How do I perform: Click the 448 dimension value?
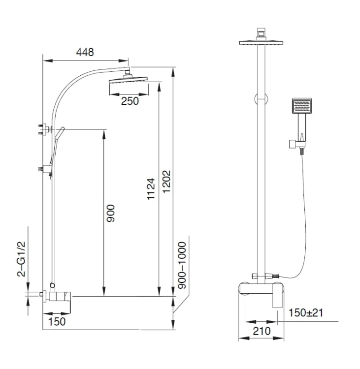pyautogui.click(x=85, y=52)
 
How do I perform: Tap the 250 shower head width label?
pyautogui.click(x=130, y=101)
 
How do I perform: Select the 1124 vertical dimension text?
pyautogui.click(x=151, y=189)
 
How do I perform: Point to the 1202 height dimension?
pyautogui.click(x=166, y=182)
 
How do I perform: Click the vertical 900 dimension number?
pyautogui.click(x=110, y=213)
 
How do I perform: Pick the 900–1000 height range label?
pyautogui.click(x=182, y=265)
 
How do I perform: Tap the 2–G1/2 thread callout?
pyautogui.click(x=21, y=259)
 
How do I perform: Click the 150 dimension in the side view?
pyautogui.click(x=57, y=322)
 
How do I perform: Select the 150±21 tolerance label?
pyautogui.click(x=306, y=313)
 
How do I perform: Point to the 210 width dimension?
pyautogui.click(x=262, y=331)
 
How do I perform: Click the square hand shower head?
pyautogui.click(x=302, y=106)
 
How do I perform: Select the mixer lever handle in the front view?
pyautogui.click(x=277, y=296)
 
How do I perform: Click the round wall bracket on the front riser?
pyautogui.click(x=261, y=99)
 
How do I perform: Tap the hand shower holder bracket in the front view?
pyautogui.click(x=297, y=144)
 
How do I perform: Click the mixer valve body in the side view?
pyautogui.click(x=57, y=296)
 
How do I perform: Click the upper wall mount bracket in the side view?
pyautogui.click(x=45, y=129)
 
